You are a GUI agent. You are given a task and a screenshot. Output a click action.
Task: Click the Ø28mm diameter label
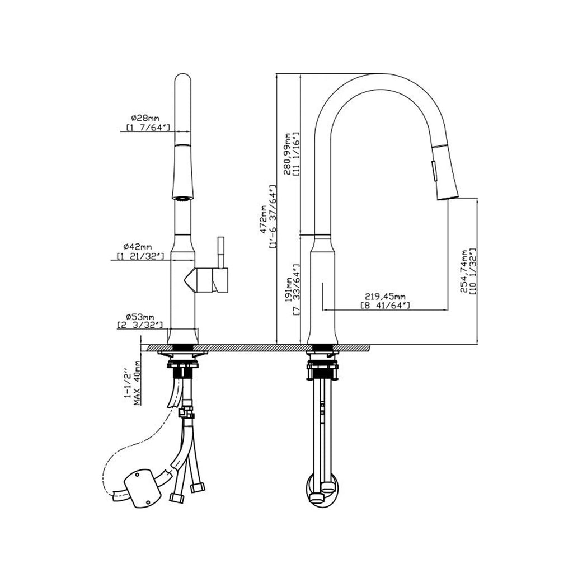pos(145,118)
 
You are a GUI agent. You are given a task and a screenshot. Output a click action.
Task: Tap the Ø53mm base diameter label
pos(140,317)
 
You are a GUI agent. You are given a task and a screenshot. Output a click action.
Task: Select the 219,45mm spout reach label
pos(385,297)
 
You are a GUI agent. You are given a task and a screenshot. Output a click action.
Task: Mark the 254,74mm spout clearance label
pos(464,271)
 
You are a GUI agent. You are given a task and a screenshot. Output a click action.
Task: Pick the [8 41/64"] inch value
pos(386,305)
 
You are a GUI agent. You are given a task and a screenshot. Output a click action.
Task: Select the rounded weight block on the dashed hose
pos(143,488)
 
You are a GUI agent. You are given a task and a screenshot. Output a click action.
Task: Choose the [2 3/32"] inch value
pos(140,325)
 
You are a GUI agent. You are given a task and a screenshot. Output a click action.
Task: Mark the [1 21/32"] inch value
pos(140,256)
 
